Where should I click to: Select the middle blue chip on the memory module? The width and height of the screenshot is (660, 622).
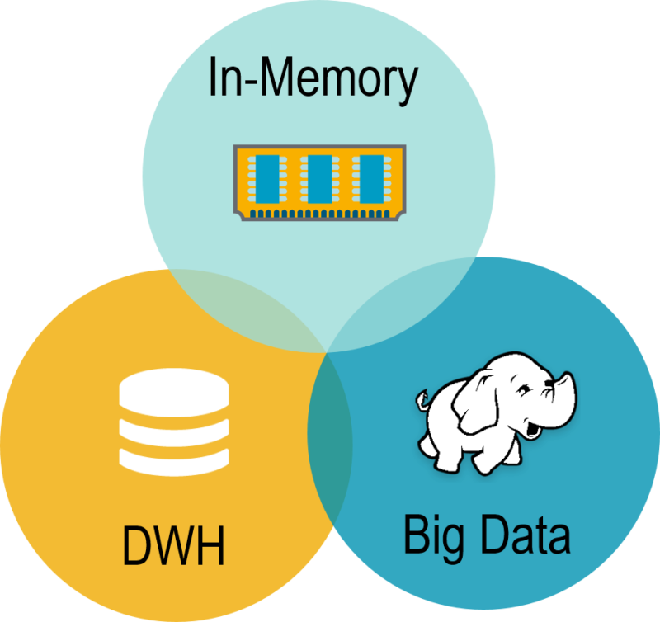coord(316,180)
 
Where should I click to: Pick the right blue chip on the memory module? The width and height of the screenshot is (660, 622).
coord(367,180)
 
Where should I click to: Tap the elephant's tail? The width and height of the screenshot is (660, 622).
coord(422,403)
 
